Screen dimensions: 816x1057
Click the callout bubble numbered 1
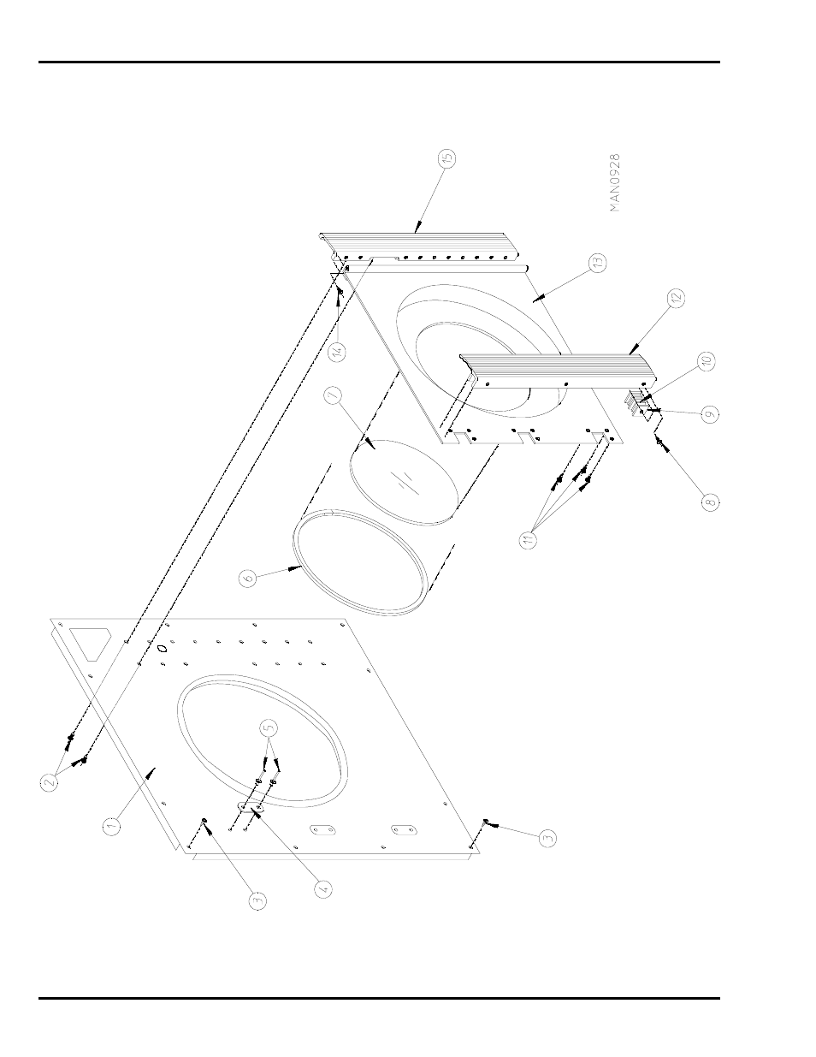pyautogui.click(x=111, y=826)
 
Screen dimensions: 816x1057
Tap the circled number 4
pyautogui.click(x=322, y=888)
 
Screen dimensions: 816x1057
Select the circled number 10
pyautogui.click(x=707, y=361)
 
